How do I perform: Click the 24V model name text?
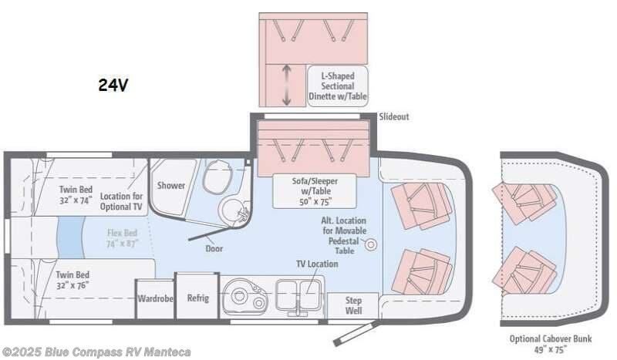[x=113, y=86]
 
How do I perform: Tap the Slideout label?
[x=393, y=116]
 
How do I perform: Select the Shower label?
[x=171, y=185]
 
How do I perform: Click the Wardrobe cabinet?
[x=155, y=298]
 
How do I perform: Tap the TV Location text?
[x=317, y=264]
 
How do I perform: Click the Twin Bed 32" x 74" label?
[x=75, y=193]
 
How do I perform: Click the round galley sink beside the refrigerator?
[x=239, y=298]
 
